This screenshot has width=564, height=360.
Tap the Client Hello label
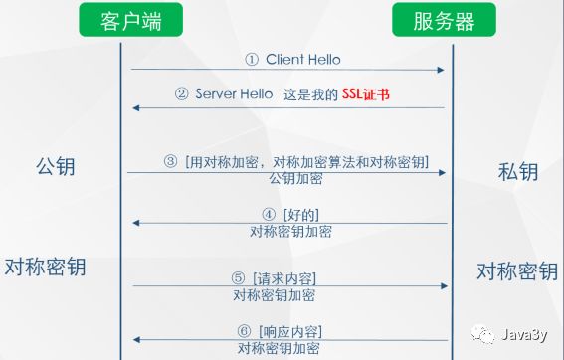tap(302, 59)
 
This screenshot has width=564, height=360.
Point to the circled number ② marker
tap(181, 95)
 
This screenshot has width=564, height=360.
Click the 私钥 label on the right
tap(517, 170)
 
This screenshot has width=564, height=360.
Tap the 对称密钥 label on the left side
tap(46, 267)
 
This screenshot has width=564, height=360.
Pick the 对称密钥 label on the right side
tap(516, 270)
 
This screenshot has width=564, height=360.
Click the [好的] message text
tap(301, 214)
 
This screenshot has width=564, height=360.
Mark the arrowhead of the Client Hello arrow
tap(440, 70)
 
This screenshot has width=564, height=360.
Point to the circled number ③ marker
tap(170, 162)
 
